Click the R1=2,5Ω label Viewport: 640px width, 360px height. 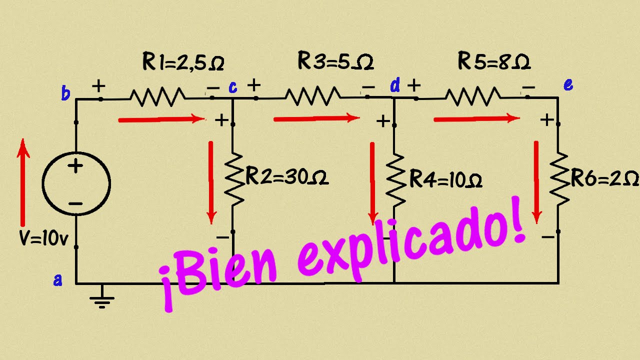click(183, 61)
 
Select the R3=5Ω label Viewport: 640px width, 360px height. click(335, 60)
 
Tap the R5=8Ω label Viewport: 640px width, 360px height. click(494, 60)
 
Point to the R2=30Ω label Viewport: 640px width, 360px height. click(287, 176)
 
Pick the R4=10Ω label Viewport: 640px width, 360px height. click(446, 179)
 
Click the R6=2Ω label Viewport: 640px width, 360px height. click(605, 179)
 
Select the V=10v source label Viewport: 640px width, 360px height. click(43, 238)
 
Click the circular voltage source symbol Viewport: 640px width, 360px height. click(76, 183)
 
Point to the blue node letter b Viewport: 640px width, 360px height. click(65, 93)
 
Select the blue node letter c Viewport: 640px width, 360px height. click(233, 87)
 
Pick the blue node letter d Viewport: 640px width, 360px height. click(395, 85)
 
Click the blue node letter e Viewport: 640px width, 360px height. click(568, 84)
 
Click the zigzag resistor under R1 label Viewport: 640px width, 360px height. click(157, 97)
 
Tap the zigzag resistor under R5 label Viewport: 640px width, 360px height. click(473, 96)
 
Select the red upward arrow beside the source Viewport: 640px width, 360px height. click(23, 182)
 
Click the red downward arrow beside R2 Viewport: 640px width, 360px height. click(211, 182)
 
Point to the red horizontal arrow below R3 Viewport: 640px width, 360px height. click(316, 118)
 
